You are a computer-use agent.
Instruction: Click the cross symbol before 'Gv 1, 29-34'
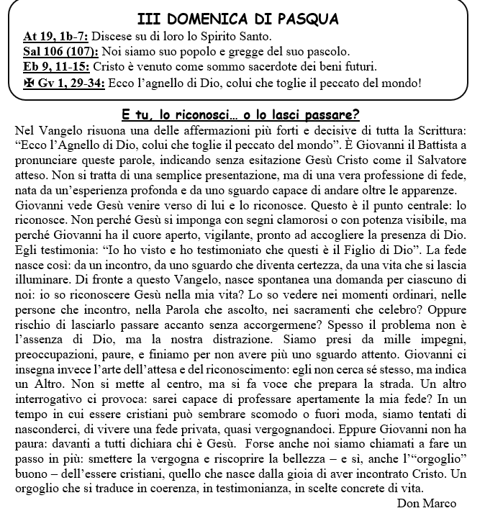(30, 83)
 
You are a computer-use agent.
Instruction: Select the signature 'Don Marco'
(426, 504)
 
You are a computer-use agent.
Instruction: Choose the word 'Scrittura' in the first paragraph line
(437, 130)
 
